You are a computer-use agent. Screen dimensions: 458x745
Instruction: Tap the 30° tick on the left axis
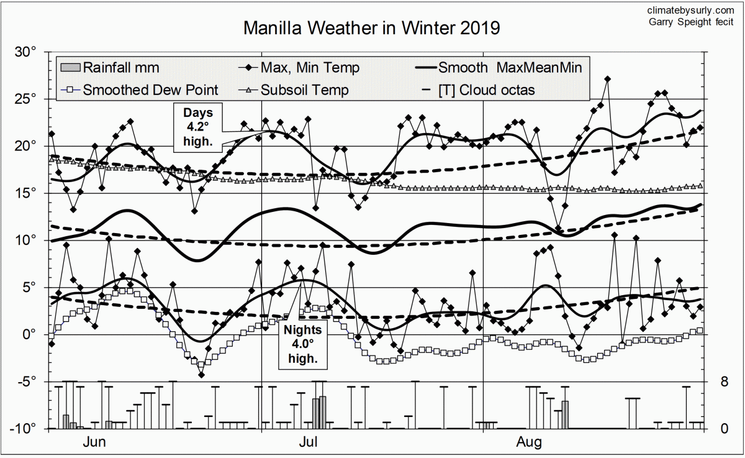click(27, 52)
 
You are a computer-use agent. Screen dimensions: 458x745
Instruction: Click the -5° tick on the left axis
click(27, 382)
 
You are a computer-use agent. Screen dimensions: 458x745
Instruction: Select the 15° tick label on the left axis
click(27, 193)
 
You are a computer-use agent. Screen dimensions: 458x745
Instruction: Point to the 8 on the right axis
click(724, 382)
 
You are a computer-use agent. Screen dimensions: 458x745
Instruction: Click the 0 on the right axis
click(724, 429)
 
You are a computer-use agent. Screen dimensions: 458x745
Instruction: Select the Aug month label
click(530, 442)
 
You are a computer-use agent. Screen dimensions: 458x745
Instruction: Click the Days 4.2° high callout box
click(198, 127)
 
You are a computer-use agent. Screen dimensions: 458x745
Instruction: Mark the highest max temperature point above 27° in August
click(608, 79)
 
